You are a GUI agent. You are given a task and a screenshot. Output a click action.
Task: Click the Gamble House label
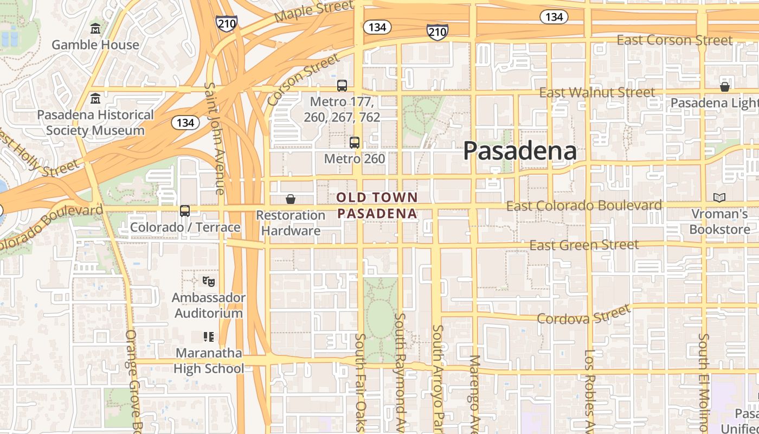click(95, 44)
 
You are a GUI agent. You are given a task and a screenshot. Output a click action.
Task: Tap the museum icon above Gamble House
click(95, 28)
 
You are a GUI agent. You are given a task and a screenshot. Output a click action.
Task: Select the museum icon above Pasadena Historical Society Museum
click(95, 98)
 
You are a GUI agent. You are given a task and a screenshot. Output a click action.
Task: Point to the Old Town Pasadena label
click(377, 205)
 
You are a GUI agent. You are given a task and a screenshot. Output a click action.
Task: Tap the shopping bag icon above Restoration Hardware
click(291, 199)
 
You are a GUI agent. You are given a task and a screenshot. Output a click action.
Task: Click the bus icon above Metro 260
click(355, 143)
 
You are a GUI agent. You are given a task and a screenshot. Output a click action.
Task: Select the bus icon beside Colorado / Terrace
click(185, 210)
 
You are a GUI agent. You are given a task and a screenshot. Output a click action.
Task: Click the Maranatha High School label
click(209, 361)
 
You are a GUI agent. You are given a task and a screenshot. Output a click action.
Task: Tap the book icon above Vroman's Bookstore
click(719, 198)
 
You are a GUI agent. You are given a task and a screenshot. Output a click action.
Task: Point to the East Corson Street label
click(674, 40)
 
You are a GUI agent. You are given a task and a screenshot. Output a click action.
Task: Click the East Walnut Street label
click(597, 93)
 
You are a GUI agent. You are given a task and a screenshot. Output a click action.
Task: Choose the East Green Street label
click(584, 245)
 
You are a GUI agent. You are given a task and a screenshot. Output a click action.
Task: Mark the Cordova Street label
click(584, 315)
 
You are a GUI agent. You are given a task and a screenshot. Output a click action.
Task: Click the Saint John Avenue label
click(215, 138)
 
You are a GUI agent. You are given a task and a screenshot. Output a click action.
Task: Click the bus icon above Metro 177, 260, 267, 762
click(342, 85)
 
